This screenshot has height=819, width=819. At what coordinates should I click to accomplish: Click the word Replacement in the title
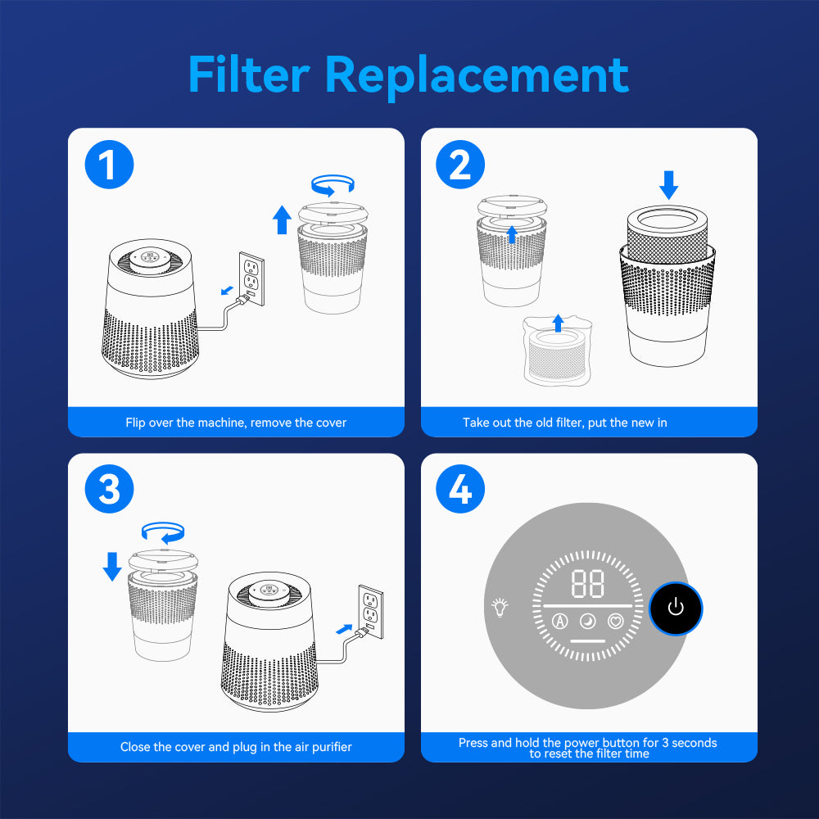coord(477,75)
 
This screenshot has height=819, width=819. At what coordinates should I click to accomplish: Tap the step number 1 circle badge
coord(109,166)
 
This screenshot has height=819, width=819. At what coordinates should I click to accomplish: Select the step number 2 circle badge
coord(460,166)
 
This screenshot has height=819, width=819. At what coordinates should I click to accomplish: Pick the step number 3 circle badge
coord(109,491)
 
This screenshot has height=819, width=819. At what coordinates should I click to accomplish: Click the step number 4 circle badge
coord(460,491)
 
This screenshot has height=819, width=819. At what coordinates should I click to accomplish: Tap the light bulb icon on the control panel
coord(499,607)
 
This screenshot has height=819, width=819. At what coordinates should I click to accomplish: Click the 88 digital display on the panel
coord(588,585)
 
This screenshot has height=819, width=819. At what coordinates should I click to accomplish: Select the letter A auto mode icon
coord(560,621)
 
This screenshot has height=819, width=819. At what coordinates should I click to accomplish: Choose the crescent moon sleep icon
coord(588,621)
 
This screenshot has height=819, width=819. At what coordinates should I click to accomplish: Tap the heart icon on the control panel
coord(616,621)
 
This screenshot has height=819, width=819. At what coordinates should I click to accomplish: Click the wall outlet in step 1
coord(251,278)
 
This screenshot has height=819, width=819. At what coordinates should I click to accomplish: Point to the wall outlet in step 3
coord(369,609)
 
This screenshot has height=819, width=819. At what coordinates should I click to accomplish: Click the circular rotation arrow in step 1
coord(334,186)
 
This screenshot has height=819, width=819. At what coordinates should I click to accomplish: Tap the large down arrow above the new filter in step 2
coord(669,184)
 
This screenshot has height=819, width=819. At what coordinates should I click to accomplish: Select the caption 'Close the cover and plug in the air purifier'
coord(236,747)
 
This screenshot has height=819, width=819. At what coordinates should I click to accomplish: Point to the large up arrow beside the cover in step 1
coord(282,220)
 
